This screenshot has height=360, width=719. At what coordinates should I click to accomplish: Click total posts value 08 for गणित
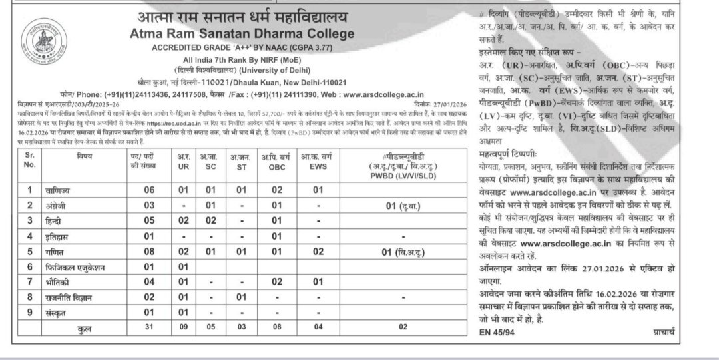[150, 252]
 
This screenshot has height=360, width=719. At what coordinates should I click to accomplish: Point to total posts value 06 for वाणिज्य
[150, 190]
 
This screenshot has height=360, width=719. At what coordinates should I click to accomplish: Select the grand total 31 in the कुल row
[150, 329]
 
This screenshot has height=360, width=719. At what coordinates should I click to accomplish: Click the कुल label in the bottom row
[85, 329]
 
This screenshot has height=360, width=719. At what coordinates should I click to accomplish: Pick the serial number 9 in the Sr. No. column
[29, 313]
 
